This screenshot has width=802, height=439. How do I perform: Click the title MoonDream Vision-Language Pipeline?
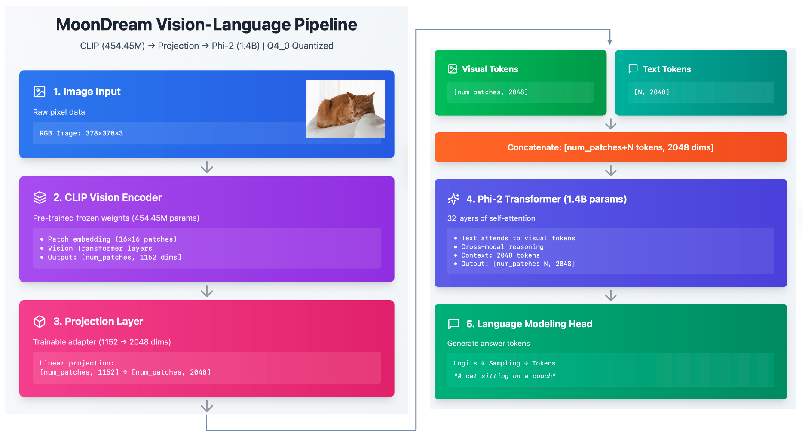click(206, 25)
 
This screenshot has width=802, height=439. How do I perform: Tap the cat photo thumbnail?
click(345, 109)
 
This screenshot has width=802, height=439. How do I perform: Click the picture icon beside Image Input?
click(40, 92)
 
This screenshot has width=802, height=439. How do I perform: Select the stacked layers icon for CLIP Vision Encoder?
click(40, 197)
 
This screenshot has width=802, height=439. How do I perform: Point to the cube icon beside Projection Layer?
click(40, 322)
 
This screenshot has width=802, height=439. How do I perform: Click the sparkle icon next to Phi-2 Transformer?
click(453, 199)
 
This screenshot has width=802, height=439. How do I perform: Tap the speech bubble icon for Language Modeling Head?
click(453, 324)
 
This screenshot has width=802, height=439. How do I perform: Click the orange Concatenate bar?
click(610, 147)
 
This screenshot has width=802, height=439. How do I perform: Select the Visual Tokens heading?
click(490, 69)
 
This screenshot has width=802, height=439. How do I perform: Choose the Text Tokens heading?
click(667, 69)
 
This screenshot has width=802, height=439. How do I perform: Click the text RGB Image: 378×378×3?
click(81, 133)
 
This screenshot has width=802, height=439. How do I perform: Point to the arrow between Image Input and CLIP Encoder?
click(207, 167)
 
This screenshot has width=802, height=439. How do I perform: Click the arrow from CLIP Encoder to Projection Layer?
click(207, 291)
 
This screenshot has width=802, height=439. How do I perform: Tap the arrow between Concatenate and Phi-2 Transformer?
click(611, 171)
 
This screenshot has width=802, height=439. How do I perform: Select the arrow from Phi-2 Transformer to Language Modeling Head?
click(611, 295)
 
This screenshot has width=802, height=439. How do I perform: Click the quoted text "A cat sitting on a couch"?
click(505, 376)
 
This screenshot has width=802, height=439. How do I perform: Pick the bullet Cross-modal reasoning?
click(502, 247)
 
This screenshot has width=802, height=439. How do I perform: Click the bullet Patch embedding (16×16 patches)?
click(112, 239)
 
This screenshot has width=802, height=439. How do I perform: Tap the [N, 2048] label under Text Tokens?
click(652, 92)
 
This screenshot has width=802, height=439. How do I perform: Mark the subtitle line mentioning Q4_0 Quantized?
click(206, 46)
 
